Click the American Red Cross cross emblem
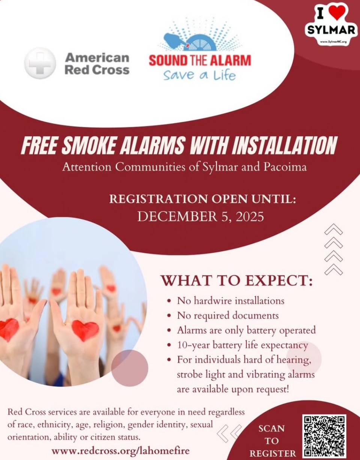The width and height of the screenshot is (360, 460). (x=40, y=63)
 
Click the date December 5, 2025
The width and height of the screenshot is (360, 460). (x=201, y=217)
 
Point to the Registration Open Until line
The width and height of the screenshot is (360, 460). (x=202, y=199)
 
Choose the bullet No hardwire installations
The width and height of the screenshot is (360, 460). (x=231, y=300)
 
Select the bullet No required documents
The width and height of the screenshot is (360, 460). (x=228, y=315)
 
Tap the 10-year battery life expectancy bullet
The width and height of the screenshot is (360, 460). (x=243, y=345)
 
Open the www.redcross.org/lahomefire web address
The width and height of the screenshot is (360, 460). (x=120, y=450)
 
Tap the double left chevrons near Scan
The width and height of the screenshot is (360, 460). (x=229, y=432)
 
